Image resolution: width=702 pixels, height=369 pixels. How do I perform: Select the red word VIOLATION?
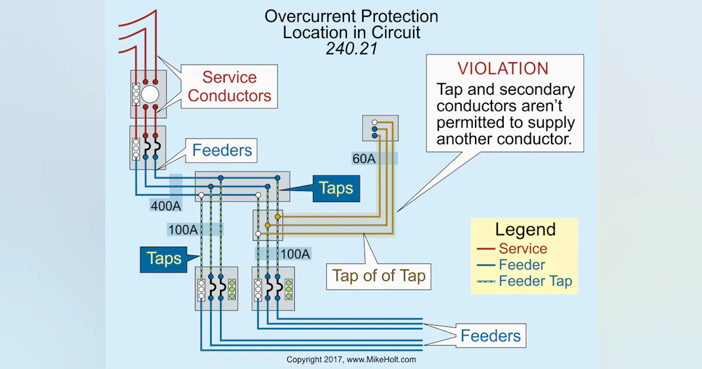coord(503,68)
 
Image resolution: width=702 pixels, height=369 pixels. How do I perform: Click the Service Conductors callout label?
coord(230,87)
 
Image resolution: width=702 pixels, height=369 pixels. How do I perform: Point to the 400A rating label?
coord(166,206)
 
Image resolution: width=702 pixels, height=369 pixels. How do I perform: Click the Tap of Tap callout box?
coord(378,275)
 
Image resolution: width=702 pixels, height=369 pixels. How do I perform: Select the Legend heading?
coord(525,229)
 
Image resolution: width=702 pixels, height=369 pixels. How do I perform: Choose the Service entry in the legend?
coord(523,248)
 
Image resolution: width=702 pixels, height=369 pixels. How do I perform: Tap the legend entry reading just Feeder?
coord(522,265)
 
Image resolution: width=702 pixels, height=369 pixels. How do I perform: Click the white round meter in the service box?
coord(150,94)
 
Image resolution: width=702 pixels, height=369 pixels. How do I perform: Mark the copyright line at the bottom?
coord(351,359)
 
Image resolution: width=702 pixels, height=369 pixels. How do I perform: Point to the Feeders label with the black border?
coord(490,336)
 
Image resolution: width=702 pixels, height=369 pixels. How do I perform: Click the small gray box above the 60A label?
coord(380,128)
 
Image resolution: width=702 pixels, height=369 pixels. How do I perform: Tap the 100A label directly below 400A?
coord(183,230)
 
